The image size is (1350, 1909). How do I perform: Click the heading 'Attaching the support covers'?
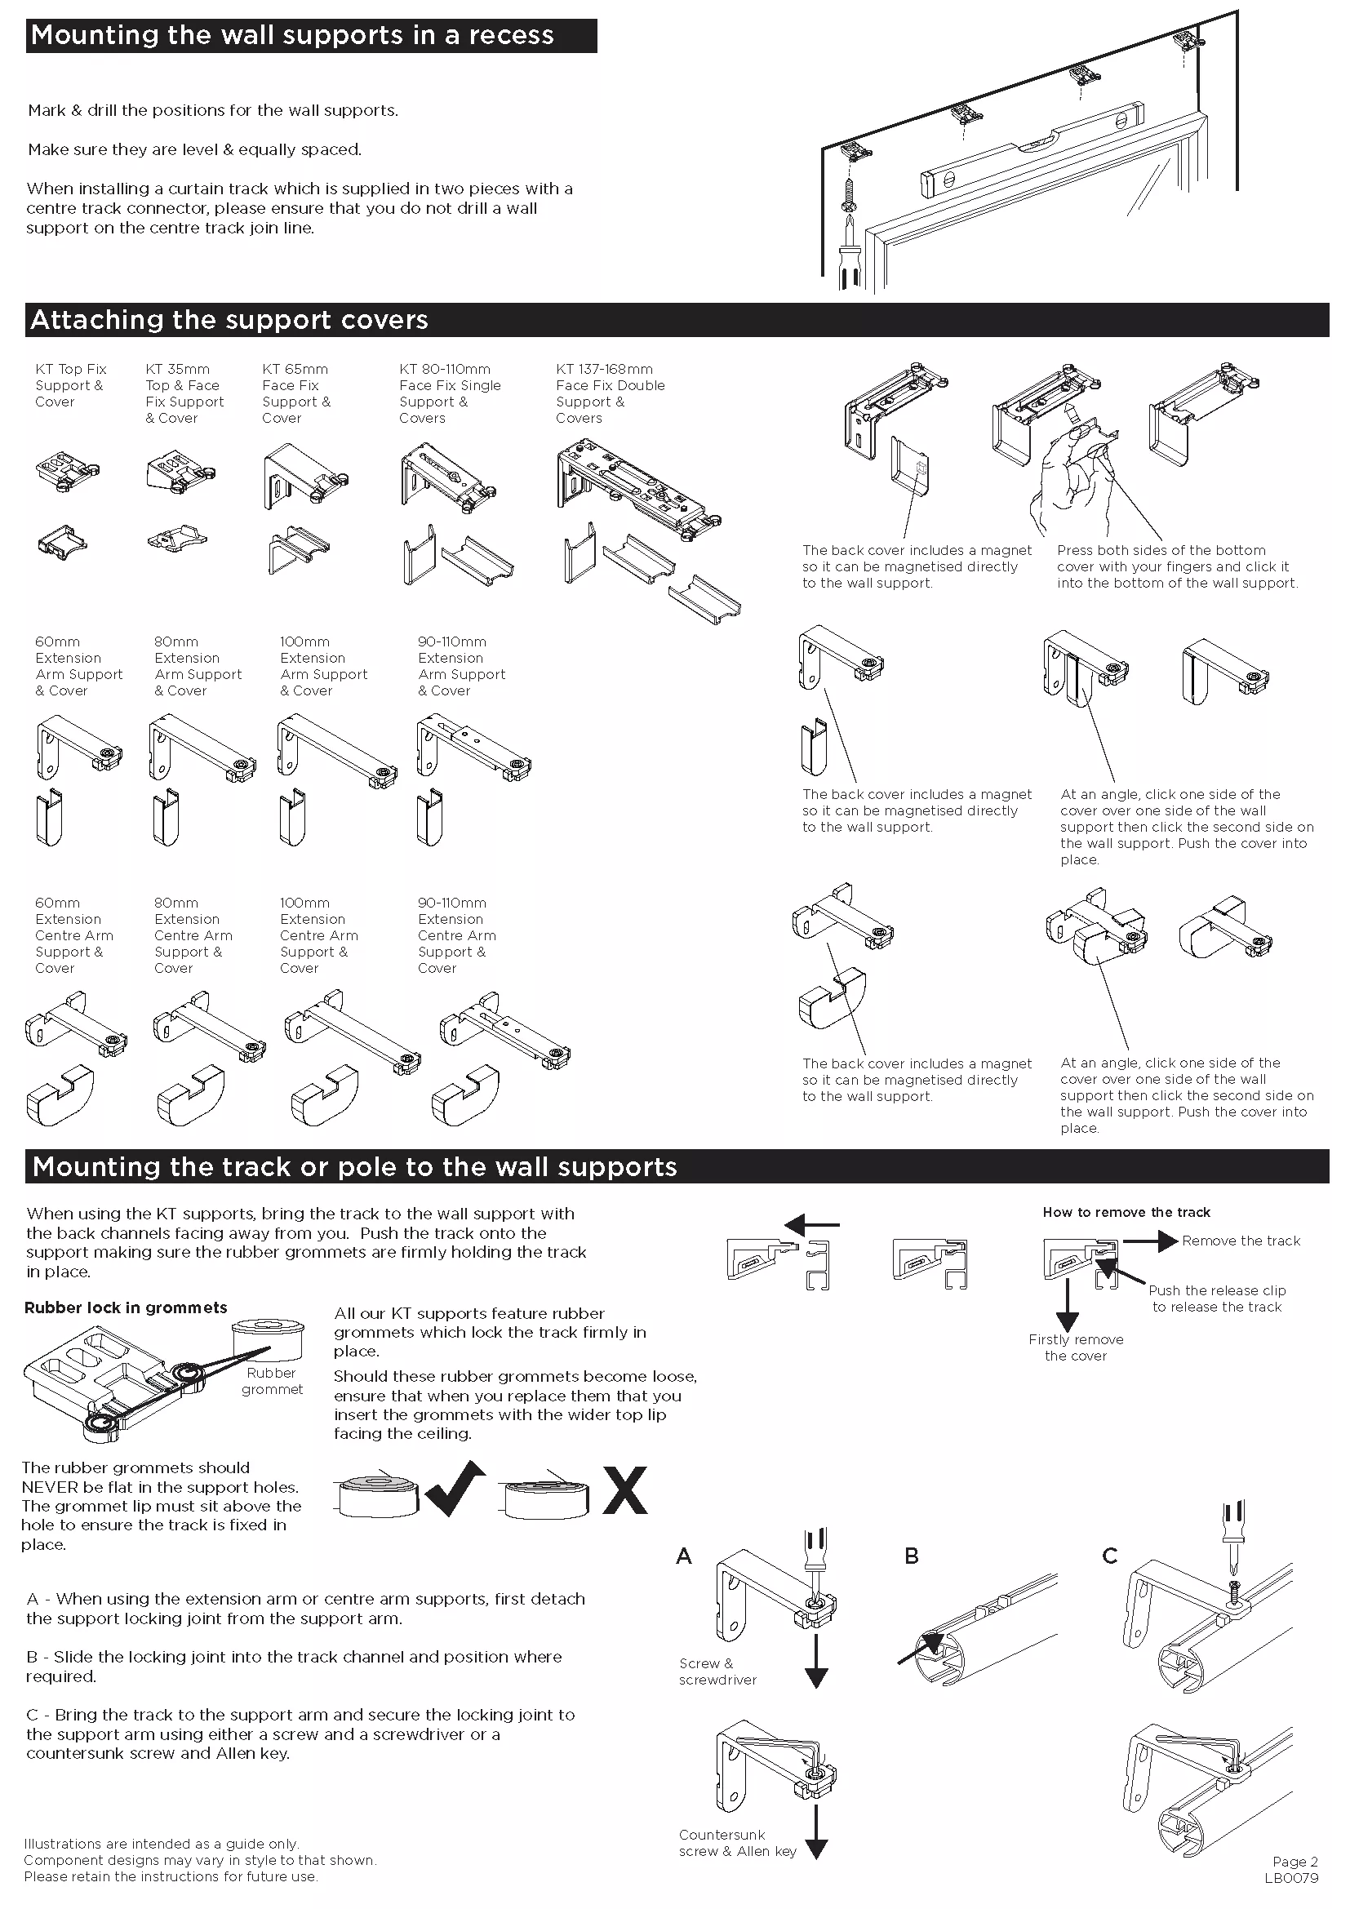click(x=229, y=320)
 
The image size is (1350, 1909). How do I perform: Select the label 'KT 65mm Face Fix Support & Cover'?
click(x=296, y=393)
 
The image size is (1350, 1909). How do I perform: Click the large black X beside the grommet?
click(x=624, y=1489)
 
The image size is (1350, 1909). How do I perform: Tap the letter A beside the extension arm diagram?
click(x=684, y=1556)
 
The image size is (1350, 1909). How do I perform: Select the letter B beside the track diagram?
click(x=911, y=1556)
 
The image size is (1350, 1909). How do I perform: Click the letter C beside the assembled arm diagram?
click(x=1109, y=1556)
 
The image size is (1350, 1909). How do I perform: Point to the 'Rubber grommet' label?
click(x=272, y=1381)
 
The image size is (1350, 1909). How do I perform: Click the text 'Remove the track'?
click(x=1241, y=1241)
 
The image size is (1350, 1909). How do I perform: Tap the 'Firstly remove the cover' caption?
click(x=1076, y=1347)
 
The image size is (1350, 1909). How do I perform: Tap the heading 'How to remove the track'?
click(x=1126, y=1212)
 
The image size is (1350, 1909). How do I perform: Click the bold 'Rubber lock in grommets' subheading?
click(x=126, y=1307)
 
